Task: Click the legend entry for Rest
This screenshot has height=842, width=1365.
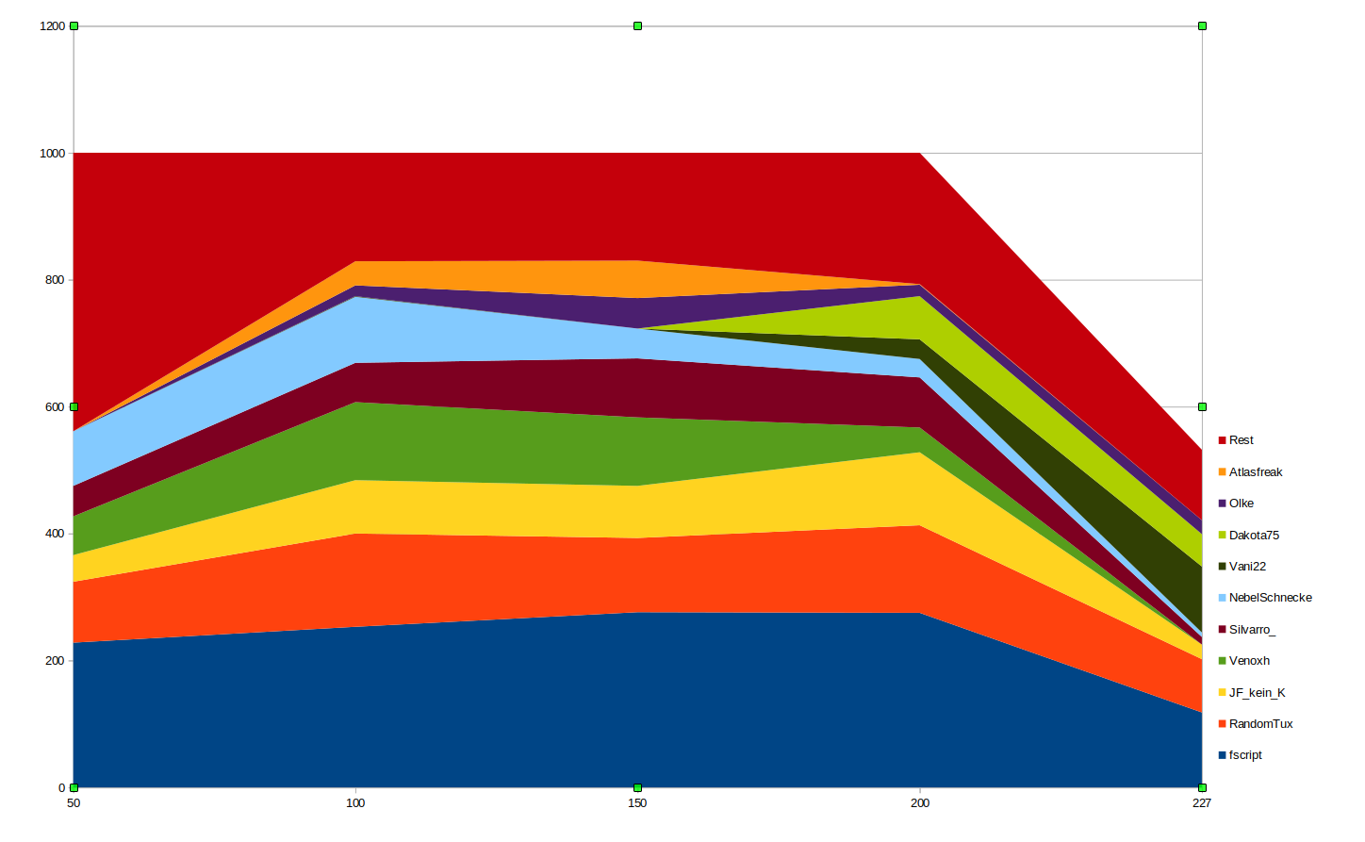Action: [1241, 440]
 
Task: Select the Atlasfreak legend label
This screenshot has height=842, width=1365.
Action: [1255, 472]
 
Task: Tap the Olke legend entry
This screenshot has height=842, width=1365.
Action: [1241, 504]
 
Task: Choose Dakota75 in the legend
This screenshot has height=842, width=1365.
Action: [1253, 536]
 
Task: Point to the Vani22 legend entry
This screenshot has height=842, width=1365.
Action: [1246, 567]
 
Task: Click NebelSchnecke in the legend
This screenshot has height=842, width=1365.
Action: [1269, 598]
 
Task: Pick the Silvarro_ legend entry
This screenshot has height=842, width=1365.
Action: [1251, 630]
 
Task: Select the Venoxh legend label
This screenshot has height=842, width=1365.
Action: [1248, 661]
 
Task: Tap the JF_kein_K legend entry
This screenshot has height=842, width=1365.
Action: [1256, 693]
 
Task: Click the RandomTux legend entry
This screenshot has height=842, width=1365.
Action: [1259, 724]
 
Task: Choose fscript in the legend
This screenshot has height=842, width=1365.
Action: [1244, 755]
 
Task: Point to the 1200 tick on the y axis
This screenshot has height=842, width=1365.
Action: [53, 26]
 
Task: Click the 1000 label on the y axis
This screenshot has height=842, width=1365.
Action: [53, 154]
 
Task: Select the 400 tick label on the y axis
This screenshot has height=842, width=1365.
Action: [56, 534]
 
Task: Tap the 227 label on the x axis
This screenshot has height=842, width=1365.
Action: [1201, 803]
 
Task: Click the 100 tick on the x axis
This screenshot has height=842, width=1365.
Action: [355, 803]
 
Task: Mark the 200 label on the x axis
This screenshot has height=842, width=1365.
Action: [920, 803]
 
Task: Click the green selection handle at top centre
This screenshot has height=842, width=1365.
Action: [637, 26]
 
